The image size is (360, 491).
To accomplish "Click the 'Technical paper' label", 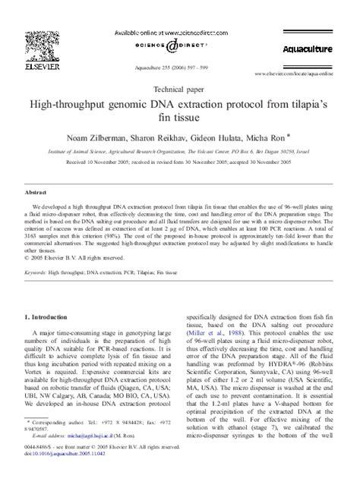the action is click(179, 88).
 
